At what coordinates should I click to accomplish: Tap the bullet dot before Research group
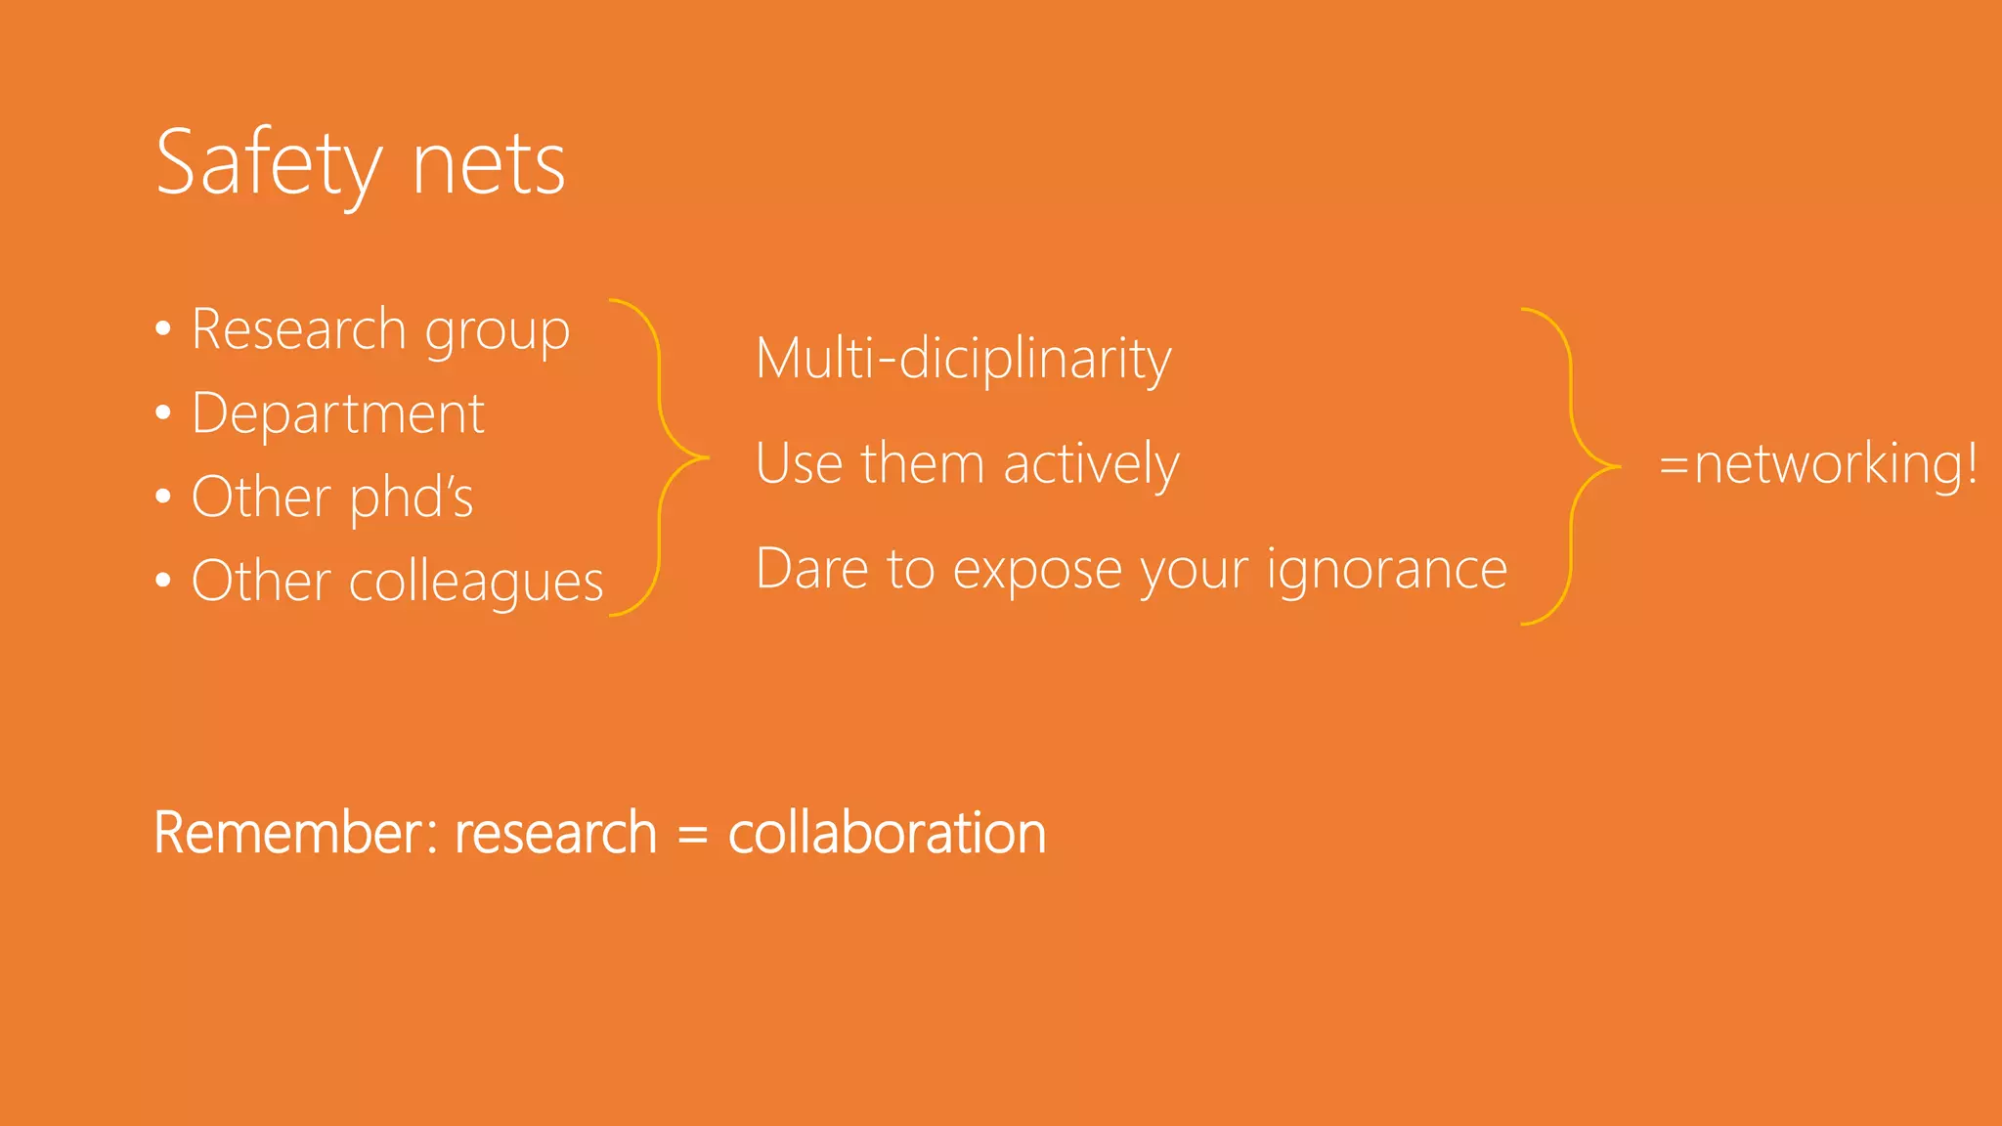(x=163, y=328)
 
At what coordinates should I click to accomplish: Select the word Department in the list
(x=337, y=413)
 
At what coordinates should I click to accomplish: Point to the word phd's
(x=411, y=498)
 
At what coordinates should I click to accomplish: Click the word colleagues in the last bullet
(x=476, y=583)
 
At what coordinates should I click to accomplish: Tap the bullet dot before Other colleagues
(x=163, y=581)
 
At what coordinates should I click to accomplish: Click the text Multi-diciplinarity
(x=963, y=359)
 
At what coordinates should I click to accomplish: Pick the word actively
(x=1091, y=463)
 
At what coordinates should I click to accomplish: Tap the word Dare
(x=811, y=569)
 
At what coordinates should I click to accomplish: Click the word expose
(x=1036, y=570)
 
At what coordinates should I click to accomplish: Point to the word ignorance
(x=1387, y=570)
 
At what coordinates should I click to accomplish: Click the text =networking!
(x=1818, y=464)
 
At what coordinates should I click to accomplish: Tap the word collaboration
(x=887, y=834)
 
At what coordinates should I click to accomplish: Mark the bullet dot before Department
(x=163, y=412)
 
